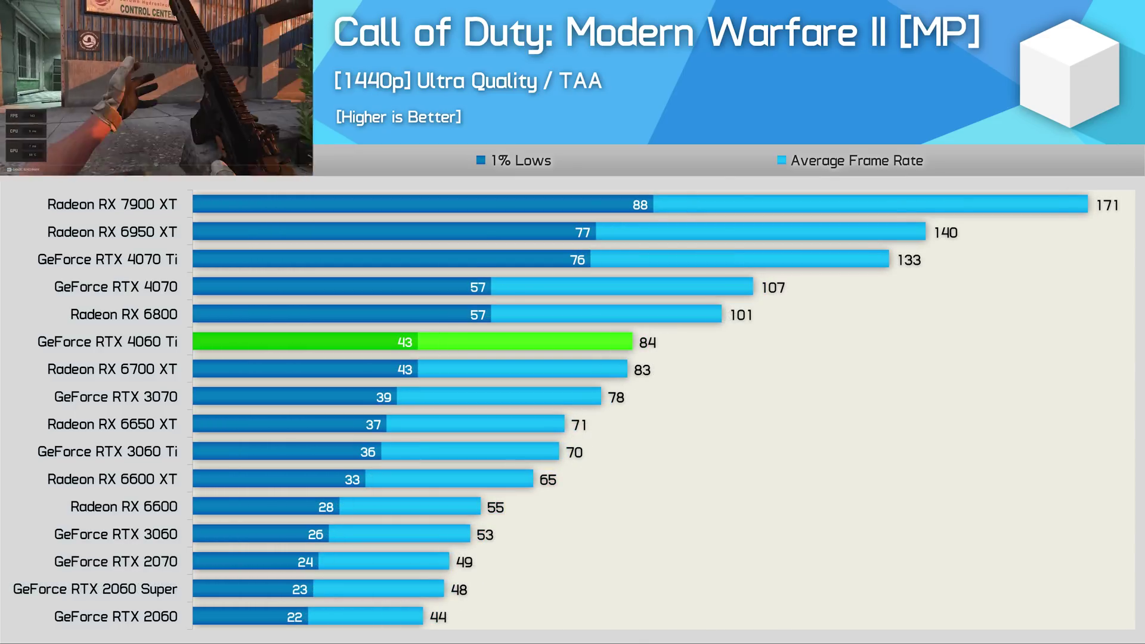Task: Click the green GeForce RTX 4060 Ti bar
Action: (x=411, y=341)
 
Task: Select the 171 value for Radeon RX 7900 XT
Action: (x=1107, y=205)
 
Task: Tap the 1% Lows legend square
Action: (x=481, y=160)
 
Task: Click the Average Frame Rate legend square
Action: (x=781, y=160)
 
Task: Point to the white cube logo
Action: (x=1069, y=73)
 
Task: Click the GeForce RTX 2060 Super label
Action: (x=95, y=589)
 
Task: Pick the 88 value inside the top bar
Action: (x=640, y=205)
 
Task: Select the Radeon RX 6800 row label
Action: (x=124, y=314)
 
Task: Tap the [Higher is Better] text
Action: (x=398, y=117)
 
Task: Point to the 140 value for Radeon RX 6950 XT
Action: (x=945, y=233)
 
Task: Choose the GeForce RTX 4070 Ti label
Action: (x=107, y=259)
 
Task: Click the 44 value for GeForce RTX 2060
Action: (x=438, y=617)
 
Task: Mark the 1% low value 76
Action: (x=577, y=260)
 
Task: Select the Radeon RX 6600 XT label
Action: (x=112, y=479)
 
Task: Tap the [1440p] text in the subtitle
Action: (x=372, y=81)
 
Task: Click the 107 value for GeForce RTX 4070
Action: (x=773, y=287)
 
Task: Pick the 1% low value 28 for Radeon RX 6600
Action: (x=326, y=507)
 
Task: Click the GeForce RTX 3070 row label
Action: (x=116, y=397)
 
